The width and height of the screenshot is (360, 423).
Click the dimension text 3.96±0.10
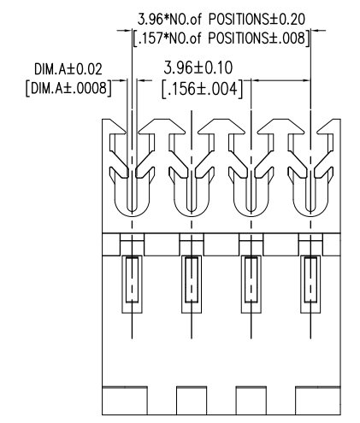(x=198, y=68)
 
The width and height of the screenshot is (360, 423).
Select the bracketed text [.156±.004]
(x=202, y=89)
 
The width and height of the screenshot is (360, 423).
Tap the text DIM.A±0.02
(x=68, y=69)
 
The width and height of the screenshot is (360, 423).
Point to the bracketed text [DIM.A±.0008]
(x=68, y=88)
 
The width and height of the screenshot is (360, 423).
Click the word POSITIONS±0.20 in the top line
(x=257, y=20)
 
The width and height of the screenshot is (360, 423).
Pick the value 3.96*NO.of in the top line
(x=169, y=20)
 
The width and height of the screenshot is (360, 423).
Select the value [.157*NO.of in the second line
(x=168, y=38)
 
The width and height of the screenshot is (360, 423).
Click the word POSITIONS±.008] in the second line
(x=259, y=38)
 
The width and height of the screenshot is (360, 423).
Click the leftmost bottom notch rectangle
(x=125, y=400)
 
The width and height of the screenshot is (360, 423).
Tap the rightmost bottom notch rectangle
(x=318, y=400)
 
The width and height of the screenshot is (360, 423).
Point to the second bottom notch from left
(x=192, y=400)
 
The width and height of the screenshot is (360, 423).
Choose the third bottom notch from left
(x=251, y=400)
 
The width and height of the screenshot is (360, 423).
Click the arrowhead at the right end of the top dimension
(x=316, y=30)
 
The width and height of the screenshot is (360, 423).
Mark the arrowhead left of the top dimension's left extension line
(x=127, y=30)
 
